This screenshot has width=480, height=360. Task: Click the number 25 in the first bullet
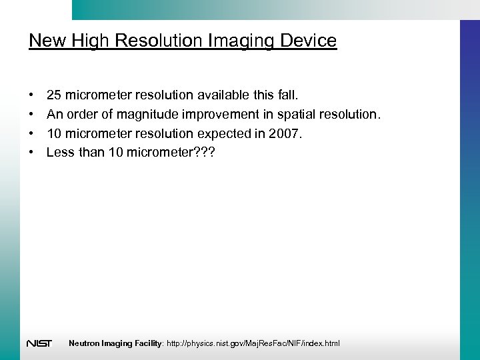click(x=54, y=95)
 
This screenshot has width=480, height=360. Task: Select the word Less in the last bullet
click(x=60, y=152)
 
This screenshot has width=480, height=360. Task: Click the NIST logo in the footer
click(x=39, y=343)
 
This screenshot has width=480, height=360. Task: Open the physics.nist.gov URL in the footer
click(x=253, y=343)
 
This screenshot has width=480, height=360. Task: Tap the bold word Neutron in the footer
click(x=84, y=343)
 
